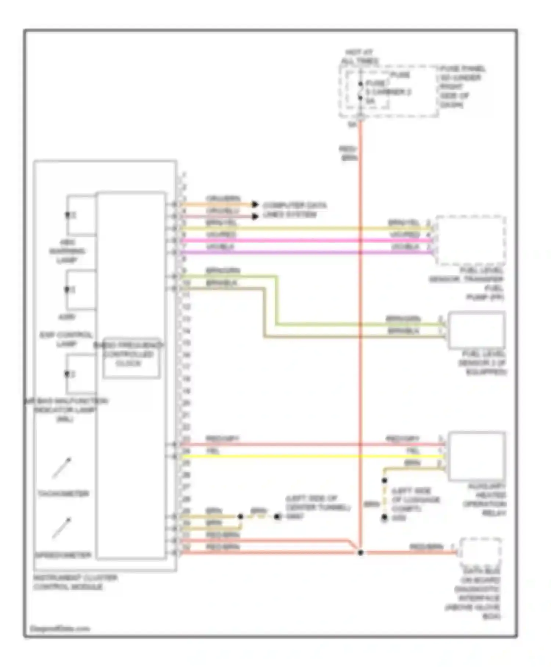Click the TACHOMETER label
pyautogui.click(x=63, y=493)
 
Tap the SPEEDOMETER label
pyautogui.click(x=63, y=555)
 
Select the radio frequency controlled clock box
pyautogui.click(x=131, y=358)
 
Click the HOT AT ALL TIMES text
pyautogui.click(x=359, y=57)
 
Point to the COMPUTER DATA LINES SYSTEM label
pyautogui.click(x=294, y=210)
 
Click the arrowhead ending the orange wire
pyautogui.click(x=255, y=204)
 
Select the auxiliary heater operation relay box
pyautogui.click(x=476, y=456)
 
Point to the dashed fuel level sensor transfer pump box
pyautogui.click(x=471, y=240)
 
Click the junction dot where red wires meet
pyautogui.click(x=360, y=553)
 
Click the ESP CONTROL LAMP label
pyautogui.click(x=66, y=339)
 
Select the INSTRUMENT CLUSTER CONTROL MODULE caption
pyautogui.click(x=75, y=582)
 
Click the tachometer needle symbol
pyautogui.click(x=62, y=468)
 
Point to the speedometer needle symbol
pyautogui.click(x=62, y=528)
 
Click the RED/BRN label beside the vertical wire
pyautogui.click(x=348, y=153)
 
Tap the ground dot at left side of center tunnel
pyautogui.click(x=278, y=517)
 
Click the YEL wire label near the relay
pyautogui.click(x=413, y=451)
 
